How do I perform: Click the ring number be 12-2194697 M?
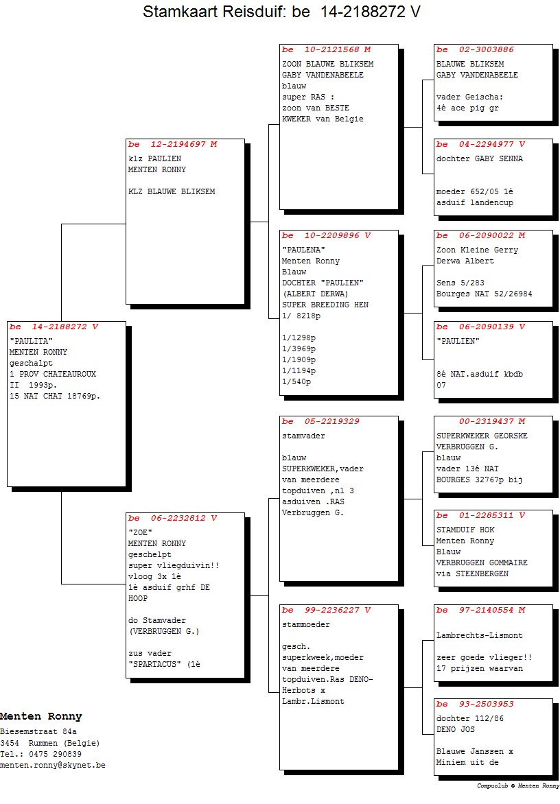(x=172, y=144)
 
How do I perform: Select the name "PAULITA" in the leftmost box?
(x=32, y=341)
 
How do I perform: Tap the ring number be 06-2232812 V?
(x=172, y=518)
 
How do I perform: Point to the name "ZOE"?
(x=140, y=532)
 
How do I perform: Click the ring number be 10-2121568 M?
(x=326, y=49)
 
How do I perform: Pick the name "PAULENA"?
(x=303, y=250)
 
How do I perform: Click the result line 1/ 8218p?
(x=301, y=316)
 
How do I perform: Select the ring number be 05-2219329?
(x=320, y=421)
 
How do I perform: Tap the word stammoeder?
(x=306, y=624)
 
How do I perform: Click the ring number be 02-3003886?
(x=475, y=49)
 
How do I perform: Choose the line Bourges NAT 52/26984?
(x=484, y=294)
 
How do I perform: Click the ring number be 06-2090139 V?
(x=480, y=327)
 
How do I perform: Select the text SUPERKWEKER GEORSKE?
(x=482, y=436)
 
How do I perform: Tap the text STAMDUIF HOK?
(x=465, y=530)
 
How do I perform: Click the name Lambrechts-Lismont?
(x=480, y=635)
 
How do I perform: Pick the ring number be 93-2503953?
(x=475, y=704)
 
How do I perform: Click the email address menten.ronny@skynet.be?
(x=53, y=765)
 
